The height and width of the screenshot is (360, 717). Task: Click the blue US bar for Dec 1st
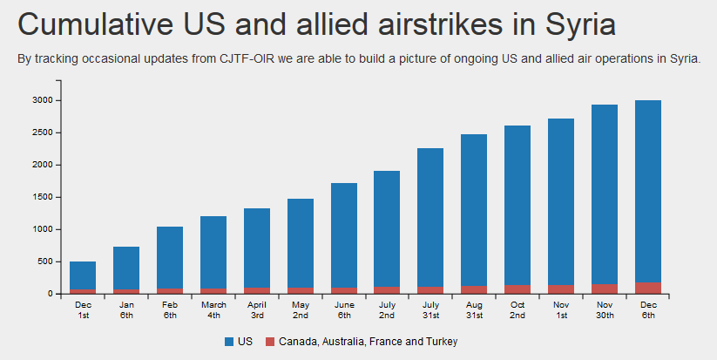(83, 275)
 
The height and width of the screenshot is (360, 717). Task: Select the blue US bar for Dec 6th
(648, 191)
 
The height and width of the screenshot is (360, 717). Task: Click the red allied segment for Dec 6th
(648, 288)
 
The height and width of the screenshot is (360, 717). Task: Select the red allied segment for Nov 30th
(605, 289)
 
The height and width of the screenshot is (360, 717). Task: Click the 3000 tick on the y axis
(43, 100)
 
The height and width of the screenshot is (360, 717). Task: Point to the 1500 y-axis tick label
(43, 197)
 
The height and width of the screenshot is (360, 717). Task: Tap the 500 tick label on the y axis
(45, 262)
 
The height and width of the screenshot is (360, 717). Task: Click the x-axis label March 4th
(213, 309)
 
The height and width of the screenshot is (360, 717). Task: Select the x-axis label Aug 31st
(474, 309)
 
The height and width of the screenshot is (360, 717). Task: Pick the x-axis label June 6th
(344, 309)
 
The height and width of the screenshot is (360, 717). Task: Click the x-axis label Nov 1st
(561, 309)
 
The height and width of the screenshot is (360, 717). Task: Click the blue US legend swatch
(229, 341)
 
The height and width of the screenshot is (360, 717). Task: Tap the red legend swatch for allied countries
(269, 341)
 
